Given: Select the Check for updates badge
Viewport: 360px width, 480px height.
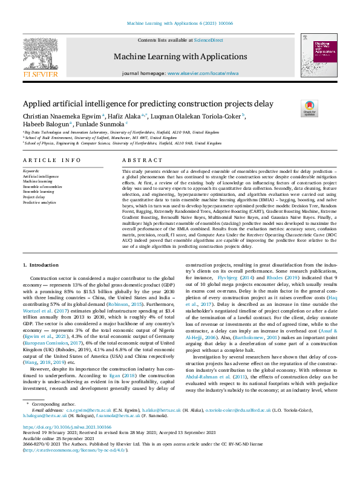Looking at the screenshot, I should point(309,109).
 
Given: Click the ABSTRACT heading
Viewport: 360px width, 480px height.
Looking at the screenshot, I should point(140,160).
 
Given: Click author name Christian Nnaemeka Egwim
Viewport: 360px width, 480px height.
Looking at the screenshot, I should point(61,115).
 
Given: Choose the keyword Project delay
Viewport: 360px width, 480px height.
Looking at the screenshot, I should point(34,197).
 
